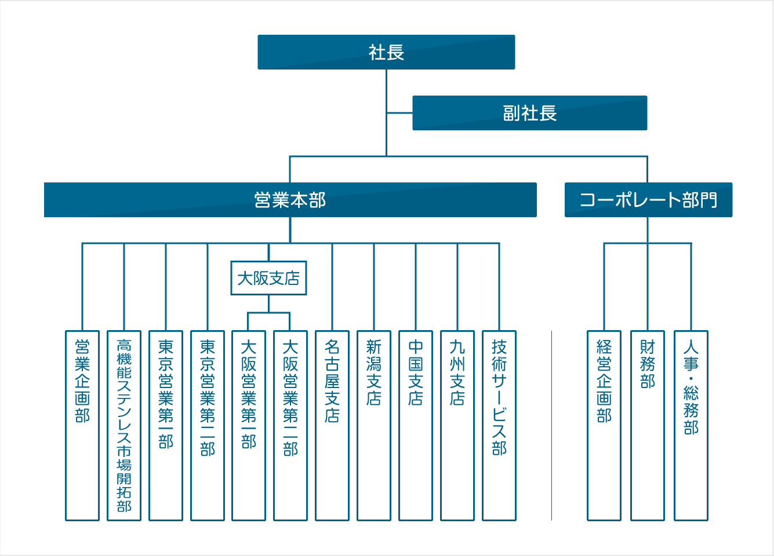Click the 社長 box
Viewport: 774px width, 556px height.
point(386,52)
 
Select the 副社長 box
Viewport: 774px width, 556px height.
point(529,113)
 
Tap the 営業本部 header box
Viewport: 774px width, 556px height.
point(290,200)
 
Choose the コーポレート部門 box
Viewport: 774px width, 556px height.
point(648,200)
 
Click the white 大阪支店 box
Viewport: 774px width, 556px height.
point(268,279)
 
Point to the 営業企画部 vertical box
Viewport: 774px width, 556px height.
point(82,426)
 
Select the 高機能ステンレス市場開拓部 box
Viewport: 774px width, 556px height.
point(124,426)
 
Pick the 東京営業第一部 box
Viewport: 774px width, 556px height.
point(166,426)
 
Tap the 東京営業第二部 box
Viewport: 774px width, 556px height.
point(208,426)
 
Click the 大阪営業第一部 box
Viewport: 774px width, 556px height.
point(249,426)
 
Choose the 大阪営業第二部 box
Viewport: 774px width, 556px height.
point(290,426)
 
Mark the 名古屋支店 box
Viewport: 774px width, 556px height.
point(332,426)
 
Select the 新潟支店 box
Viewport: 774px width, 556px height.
point(374,426)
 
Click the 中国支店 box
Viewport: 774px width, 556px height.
point(416,426)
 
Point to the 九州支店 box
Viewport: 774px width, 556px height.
point(457,426)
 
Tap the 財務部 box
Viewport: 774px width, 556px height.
point(647,426)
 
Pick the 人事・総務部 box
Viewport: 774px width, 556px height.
point(691,426)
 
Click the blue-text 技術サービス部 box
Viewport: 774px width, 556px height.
point(499,426)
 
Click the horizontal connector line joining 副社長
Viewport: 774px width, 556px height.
point(399,113)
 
